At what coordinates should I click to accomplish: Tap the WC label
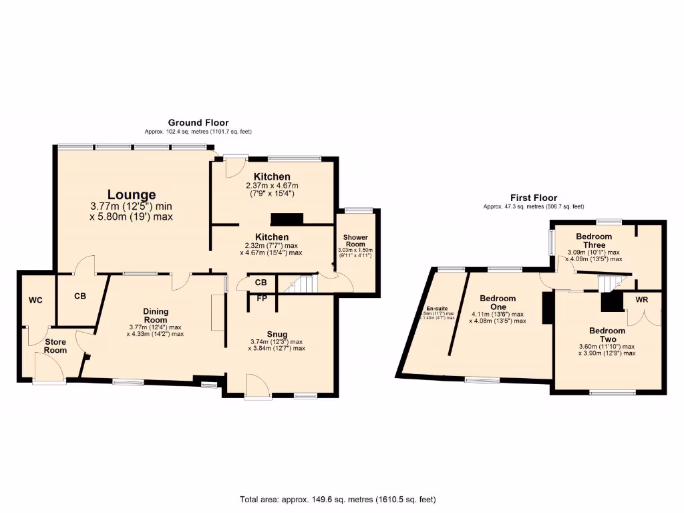pyautogui.click(x=35, y=301)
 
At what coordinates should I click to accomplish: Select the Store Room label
pyautogui.click(x=55, y=346)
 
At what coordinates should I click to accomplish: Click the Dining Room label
pyautogui.click(x=155, y=315)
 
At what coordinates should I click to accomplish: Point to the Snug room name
pyautogui.click(x=277, y=334)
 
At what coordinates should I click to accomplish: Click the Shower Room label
pyautogui.click(x=355, y=240)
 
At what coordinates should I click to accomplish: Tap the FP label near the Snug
pyautogui.click(x=262, y=298)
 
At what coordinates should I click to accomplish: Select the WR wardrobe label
pyautogui.click(x=641, y=300)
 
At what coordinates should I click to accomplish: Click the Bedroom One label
pyautogui.click(x=498, y=303)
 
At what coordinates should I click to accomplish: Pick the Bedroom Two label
pyautogui.click(x=607, y=335)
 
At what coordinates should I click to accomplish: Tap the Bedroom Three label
pyautogui.click(x=594, y=240)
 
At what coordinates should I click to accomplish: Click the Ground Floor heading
pyautogui.click(x=198, y=123)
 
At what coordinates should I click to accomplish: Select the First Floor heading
pyautogui.click(x=533, y=198)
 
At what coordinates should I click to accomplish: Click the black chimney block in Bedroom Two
pyautogui.click(x=610, y=302)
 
